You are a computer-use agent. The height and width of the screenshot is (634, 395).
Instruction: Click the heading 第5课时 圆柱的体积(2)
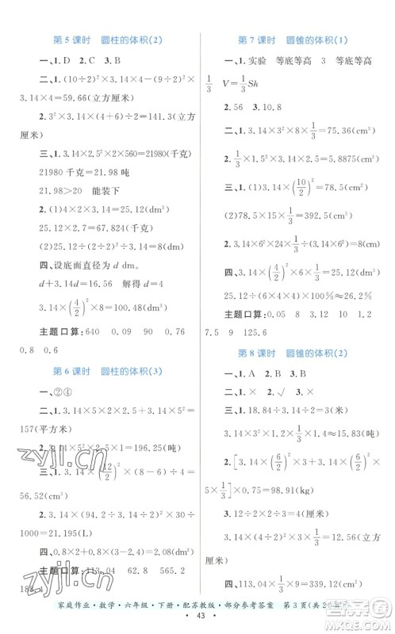pyautogui.click(x=103, y=40)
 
